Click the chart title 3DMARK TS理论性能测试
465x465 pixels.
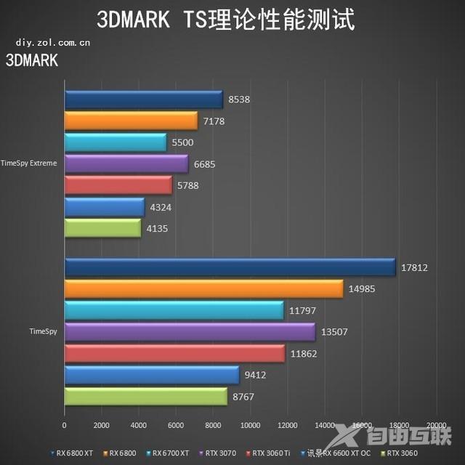coord(226,20)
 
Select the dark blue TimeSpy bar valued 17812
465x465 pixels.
coord(230,267)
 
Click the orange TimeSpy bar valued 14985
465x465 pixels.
coord(203,289)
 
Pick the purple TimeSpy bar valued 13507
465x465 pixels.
coord(190,332)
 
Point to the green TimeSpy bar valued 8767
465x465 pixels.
coord(145,397)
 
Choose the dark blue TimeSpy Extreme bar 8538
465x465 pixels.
coord(143,100)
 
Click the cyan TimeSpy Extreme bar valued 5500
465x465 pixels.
coord(116,142)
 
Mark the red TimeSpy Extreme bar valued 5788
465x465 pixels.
coord(118,185)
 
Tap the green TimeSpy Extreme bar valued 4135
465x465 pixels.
coord(102,228)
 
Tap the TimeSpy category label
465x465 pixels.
coord(43,331)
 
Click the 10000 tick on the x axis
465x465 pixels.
coord(250,424)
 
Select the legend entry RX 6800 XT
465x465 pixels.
coord(73,453)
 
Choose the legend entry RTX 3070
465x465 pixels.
coord(221,453)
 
